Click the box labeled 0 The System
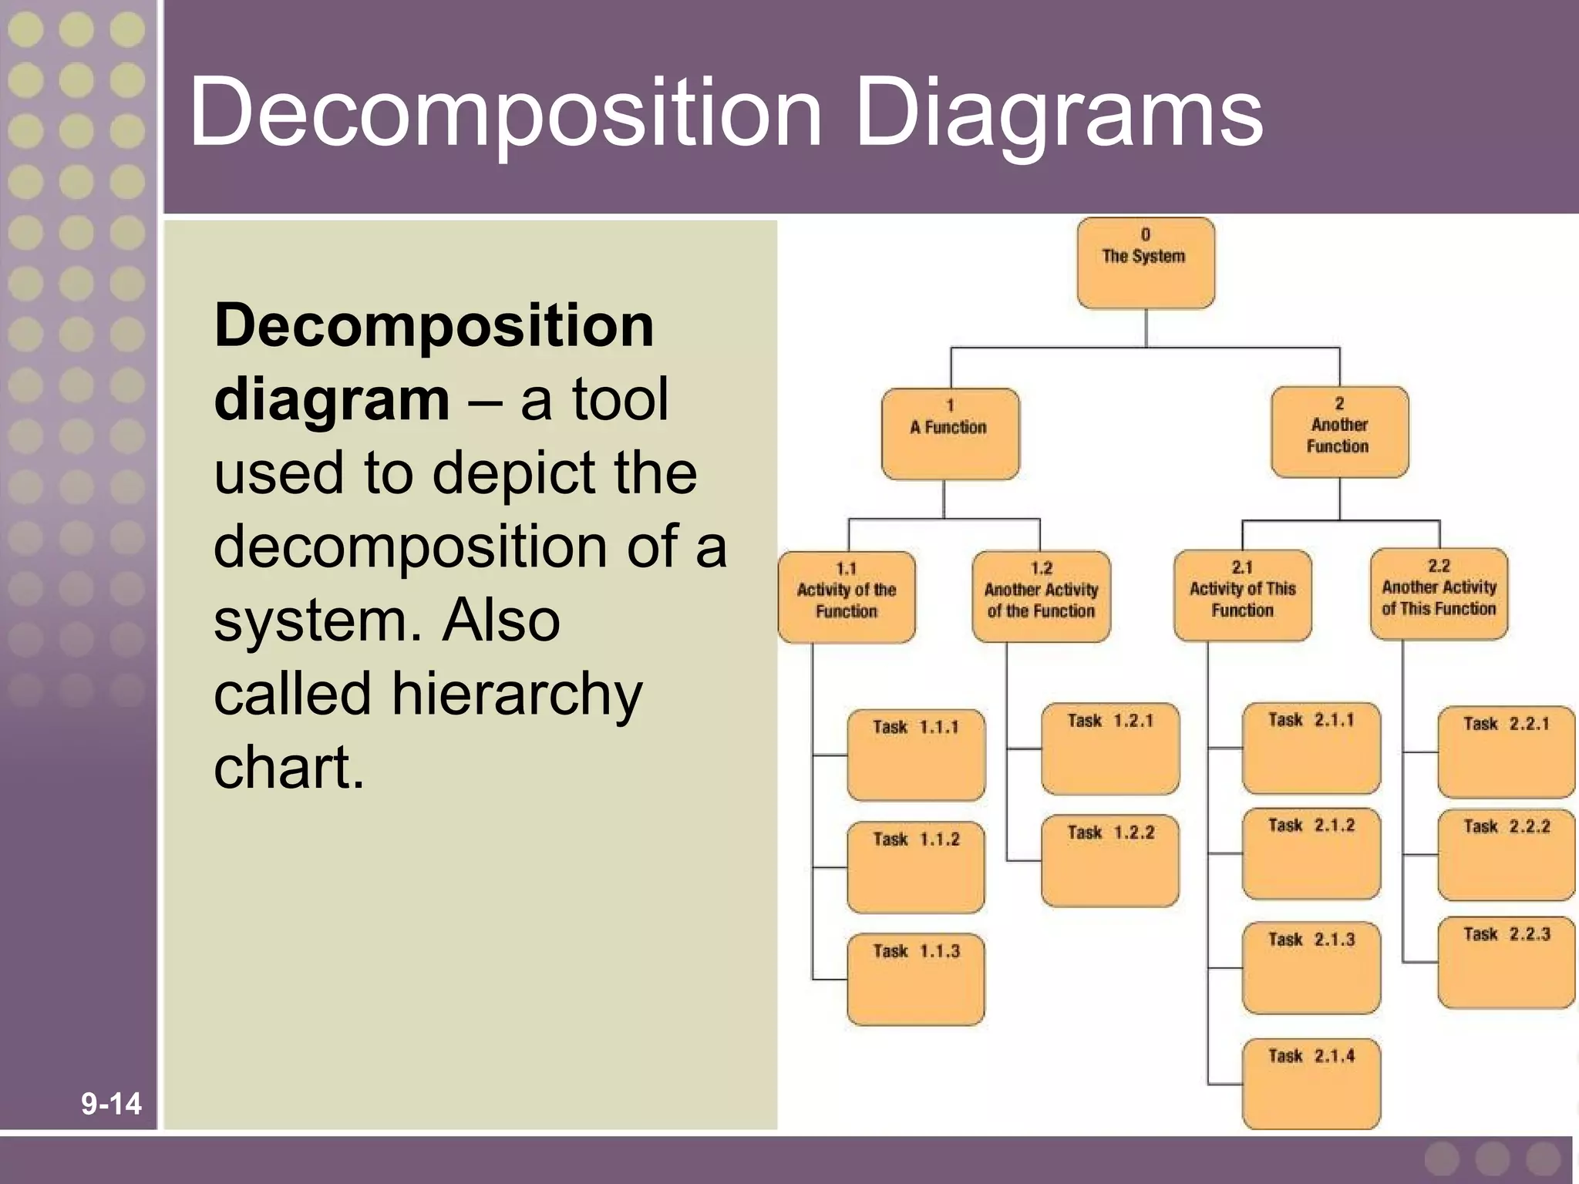(1146, 263)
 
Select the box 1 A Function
(950, 434)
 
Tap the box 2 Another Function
(1339, 432)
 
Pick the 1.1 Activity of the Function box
(847, 597)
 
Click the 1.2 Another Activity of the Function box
(1041, 597)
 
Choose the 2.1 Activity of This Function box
(1242, 595)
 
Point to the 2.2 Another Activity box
(1439, 594)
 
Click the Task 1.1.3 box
(916, 979)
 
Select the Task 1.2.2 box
(1110, 860)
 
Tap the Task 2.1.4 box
(1311, 1084)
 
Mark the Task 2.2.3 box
(1506, 962)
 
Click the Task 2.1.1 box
(1311, 748)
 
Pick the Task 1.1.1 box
(916, 755)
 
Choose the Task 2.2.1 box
(1506, 752)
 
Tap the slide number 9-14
(111, 1104)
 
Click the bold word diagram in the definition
(332, 400)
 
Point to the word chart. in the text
(288, 768)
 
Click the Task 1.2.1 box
(1110, 748)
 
